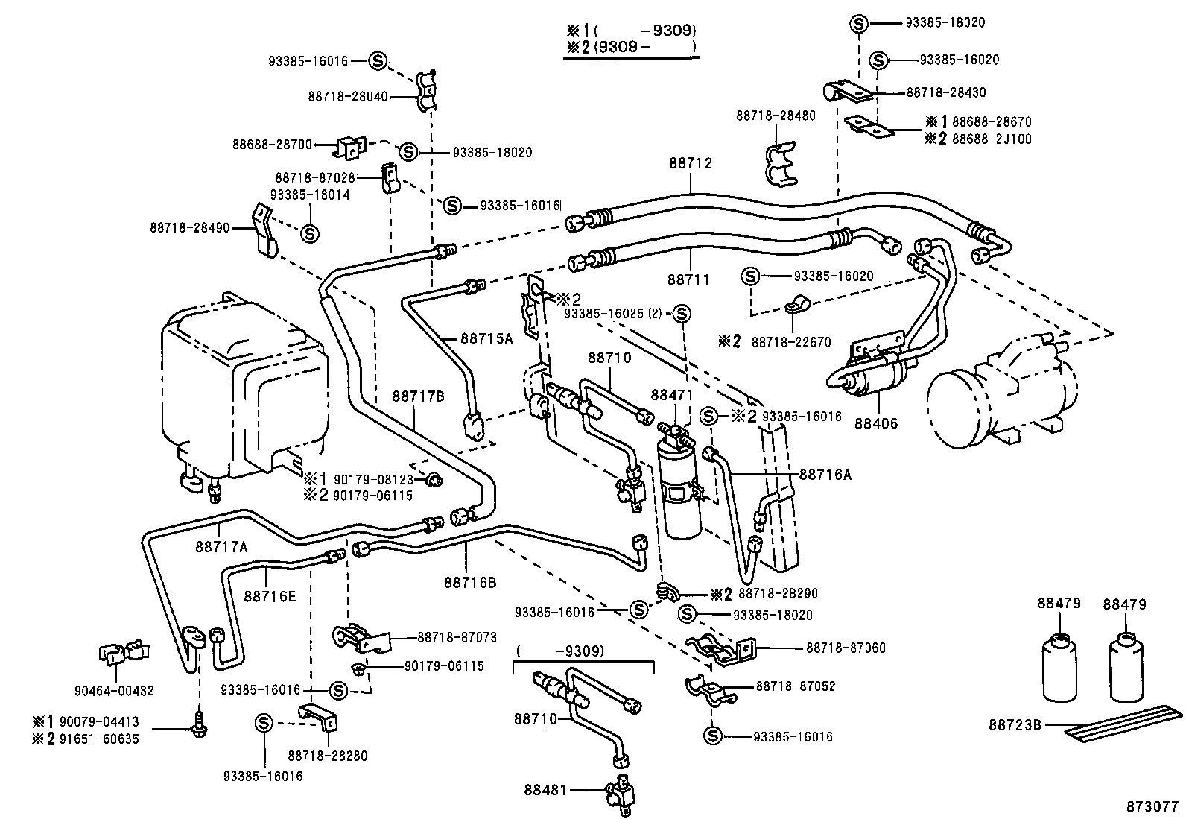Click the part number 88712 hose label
coord(690,163)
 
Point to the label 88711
coord(688,280)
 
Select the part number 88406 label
coord(876,423)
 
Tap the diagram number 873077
coord(1152,806)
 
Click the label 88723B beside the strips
coord(1015,724)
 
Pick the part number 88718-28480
coord(776,116)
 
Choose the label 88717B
coord(418,396)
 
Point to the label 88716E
coord(269,596)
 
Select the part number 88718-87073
coord(457,637)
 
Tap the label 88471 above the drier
coord(672,395)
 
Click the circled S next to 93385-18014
coord(309,233)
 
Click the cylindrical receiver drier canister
coord(679,491)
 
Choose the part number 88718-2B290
coord(778,594)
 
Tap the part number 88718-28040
coord(347,96)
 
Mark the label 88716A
coord(825,473)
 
